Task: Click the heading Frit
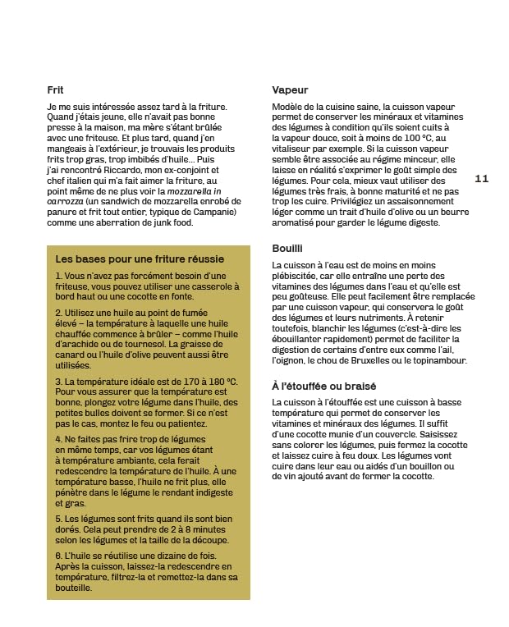[x=55, y=90]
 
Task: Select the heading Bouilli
[x=287, y=248]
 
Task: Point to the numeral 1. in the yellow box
[x=59, y=276]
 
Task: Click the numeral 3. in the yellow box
[x=59, y=382]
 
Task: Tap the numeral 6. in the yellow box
[x=59, y=556]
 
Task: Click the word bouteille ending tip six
[x=74, y=588]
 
